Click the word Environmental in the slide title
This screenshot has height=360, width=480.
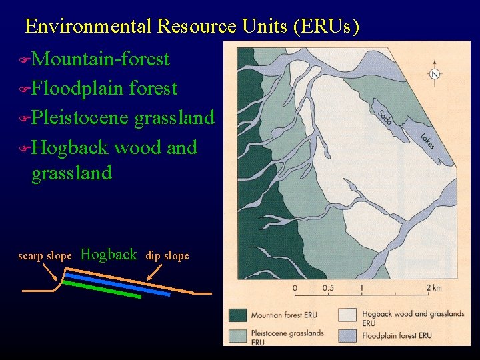88,26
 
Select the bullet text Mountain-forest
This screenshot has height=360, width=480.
100,59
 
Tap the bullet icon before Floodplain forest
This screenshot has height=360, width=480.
25,89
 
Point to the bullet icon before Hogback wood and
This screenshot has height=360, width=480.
25,148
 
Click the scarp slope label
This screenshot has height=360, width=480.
45,256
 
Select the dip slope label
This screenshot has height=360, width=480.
167,256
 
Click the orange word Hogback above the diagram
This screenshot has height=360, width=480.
108,254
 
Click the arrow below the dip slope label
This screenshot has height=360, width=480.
155,272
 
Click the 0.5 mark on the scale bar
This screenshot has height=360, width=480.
329,289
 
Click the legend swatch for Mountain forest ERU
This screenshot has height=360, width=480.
237,315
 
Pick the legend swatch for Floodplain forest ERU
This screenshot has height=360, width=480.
349,335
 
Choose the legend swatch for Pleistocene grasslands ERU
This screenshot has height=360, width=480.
237,335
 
